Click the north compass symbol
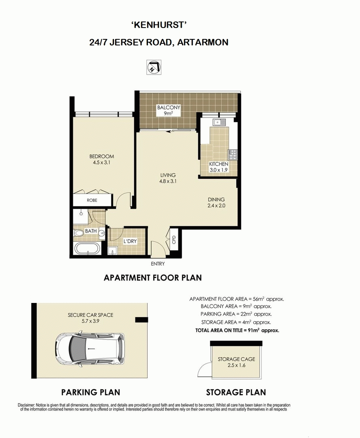(154, 67)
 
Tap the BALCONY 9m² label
(168, 110)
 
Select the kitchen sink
(219, 122)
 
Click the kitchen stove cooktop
(233, 155)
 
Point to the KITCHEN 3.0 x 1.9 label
(219, 167)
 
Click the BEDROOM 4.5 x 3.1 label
(102, 159)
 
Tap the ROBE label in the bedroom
(92, 200)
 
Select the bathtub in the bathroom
(87, 248)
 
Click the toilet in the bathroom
(79, 232)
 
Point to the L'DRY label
(130, 241)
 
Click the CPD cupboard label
(174, 240)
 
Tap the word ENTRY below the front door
(158, 264)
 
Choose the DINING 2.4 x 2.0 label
(216, 202)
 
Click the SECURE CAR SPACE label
(90, 315)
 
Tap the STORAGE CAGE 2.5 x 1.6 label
(237, 362)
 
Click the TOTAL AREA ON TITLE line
(237, 330)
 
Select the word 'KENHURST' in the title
(159, 25)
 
